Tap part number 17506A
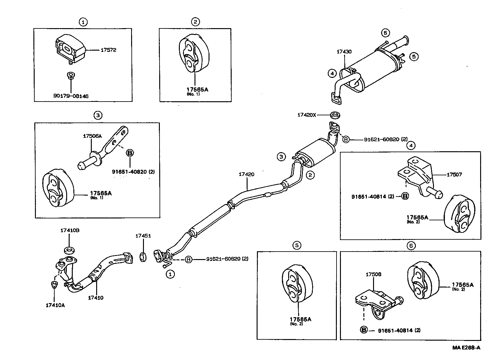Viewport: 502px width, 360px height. click(x=92, y=136)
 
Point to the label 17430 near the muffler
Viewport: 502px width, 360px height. click(x=344, y=52)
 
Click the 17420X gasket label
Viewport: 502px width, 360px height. click(x=307, y=115)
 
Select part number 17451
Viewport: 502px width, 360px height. click(x=143, y=236)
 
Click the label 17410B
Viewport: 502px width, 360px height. click(x=70, y=230)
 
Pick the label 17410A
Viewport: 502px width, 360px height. click(x=55, y=305)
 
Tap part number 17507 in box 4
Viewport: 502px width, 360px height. click(x=454, y=175)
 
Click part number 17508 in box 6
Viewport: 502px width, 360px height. click(x=373, y=275)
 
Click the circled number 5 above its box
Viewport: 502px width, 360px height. click(x=297, y=246)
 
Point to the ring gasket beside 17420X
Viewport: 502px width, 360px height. click(x=335, y=115)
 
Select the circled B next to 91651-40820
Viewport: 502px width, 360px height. click(x=130, y=153)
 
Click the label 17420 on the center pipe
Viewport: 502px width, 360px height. click(x=246, y=174)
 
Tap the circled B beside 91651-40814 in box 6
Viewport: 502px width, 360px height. click(x=364, y=330)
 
